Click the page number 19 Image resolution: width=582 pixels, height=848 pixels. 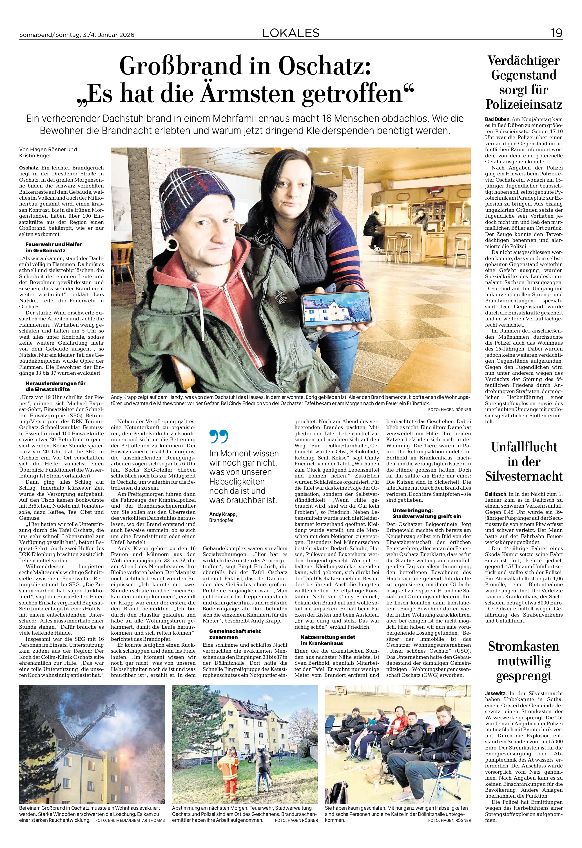coord(556,33)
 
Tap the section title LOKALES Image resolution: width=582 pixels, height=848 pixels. coord(291,33)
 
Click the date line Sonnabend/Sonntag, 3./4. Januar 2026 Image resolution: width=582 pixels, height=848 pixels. coord(77,35)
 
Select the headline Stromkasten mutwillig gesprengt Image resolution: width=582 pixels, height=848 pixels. coord(524,661)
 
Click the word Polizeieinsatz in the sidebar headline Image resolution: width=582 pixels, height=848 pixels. coord(524,104)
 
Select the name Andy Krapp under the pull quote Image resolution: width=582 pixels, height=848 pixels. coord(223,514)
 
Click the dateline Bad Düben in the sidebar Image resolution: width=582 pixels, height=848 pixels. coord(497,119)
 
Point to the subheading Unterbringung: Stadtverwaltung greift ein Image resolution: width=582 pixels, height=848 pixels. coord(427,513)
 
